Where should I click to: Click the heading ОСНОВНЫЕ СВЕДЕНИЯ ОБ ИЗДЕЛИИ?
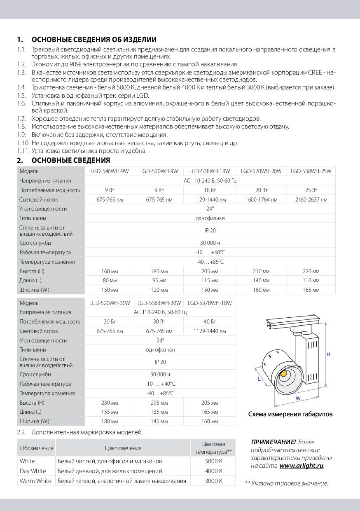click(x=94, y=40)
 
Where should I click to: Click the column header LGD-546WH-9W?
click(x=110, y=171)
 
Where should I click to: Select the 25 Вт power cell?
click(x=311, y=190)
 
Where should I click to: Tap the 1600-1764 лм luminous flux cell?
click(x=261, y=200)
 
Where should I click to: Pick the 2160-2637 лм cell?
click(x=311, y=200)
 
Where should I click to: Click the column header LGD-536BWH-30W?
click(x=160, y=303)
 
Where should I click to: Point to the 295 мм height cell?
click(x=160, y=403)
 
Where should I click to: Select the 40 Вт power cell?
click(x=210, y=322)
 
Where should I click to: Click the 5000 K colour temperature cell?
click(x=213, y=461)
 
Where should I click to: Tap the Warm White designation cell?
click(x=35, y=481)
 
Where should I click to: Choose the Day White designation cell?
click(x=33, y=471)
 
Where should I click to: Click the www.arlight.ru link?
click(x=301, y=466)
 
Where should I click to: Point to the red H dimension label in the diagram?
click(x=329, y=354)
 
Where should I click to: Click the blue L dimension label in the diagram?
click(x=259, y=379)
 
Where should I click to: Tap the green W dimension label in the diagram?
click(x=297, y=398)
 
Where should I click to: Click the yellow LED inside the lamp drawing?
click(x=284, y=374)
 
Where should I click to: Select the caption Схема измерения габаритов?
click(x=290, y=414)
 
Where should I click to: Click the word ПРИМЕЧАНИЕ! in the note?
click(x=273, y=442)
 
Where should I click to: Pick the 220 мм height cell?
click(x=311, y=272)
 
